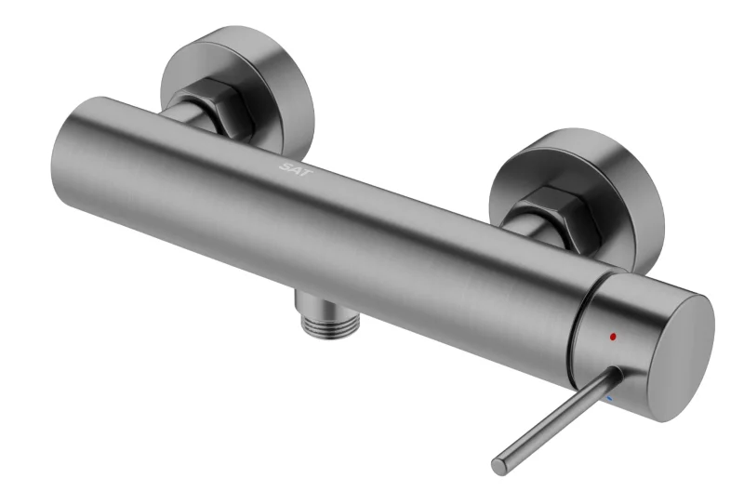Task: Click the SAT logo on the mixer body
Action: tap(296, 169)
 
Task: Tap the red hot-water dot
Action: tap(613, 337)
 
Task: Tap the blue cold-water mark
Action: tap(609, 399)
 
